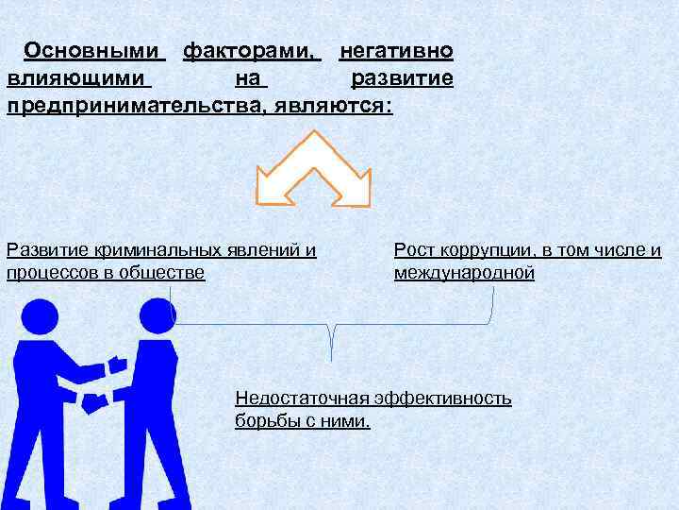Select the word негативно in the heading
tap(396, 50)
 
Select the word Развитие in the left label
tap(43, 250)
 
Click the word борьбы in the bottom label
tap(265, 421)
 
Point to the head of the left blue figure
tap(40, 316)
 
